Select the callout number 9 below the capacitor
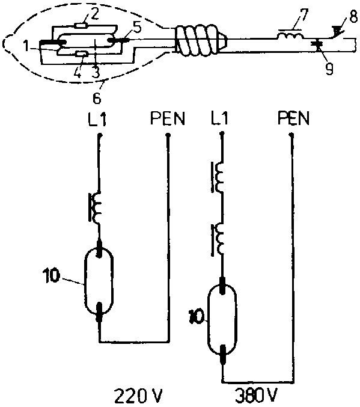329,69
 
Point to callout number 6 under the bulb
97,98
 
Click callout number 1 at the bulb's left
25,46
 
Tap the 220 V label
138,396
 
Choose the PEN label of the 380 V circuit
293,118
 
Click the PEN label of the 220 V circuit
168,118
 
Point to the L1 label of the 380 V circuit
219,118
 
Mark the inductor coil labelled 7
290,35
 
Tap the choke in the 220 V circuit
95,207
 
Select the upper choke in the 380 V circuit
218,177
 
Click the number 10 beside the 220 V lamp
52,276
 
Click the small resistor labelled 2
81,25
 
